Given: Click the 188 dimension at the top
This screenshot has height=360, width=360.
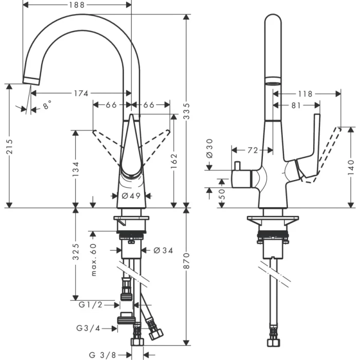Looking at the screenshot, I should tap(77, 6).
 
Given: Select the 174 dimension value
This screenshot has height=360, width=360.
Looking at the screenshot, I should tap(81, 93).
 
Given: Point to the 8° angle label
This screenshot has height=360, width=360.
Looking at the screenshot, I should tap(47, 105).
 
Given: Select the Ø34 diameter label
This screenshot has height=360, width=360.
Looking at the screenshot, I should tap(164, 250).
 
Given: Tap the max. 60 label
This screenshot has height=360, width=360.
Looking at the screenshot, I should tap(94, 260).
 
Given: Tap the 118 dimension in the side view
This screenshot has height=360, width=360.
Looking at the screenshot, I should tap(305, 94).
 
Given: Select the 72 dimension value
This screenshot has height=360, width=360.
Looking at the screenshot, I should tap(252, 150).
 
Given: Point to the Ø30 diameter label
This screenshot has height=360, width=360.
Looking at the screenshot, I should tap(209, 148).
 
